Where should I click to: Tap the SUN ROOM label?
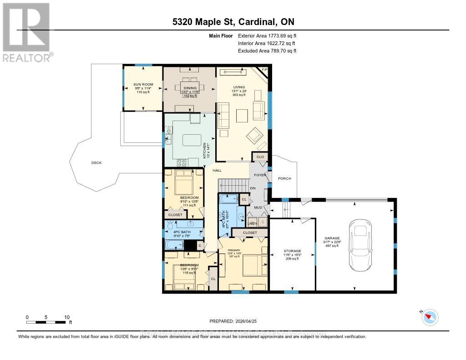(x=143, y=85)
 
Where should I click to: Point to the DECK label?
(x=96, y=162)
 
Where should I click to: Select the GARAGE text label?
(x=332, y=238)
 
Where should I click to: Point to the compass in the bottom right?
(x=430, y=317)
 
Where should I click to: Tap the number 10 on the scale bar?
(x=67, y=317)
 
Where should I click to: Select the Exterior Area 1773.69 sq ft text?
(x=267, y=35)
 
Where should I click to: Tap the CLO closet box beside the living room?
(x=260, y=157)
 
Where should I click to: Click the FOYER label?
(x=260, y=175)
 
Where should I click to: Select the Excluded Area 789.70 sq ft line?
(x=267, y=51)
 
